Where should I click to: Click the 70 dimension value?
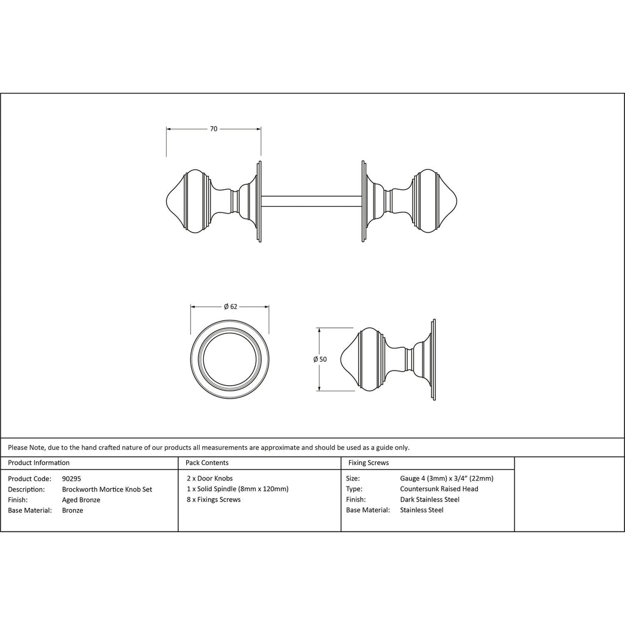(214, 129)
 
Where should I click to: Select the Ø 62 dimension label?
(230, 306)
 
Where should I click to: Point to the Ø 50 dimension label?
(320, 359)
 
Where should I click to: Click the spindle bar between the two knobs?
(311, 201)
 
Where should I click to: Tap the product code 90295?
(71, 479)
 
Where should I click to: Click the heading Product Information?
(38, 463)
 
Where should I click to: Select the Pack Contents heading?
(207, 463)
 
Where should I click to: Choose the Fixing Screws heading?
(368, 463)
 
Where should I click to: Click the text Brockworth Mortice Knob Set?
(107, 490)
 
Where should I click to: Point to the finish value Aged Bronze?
(81, 500)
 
